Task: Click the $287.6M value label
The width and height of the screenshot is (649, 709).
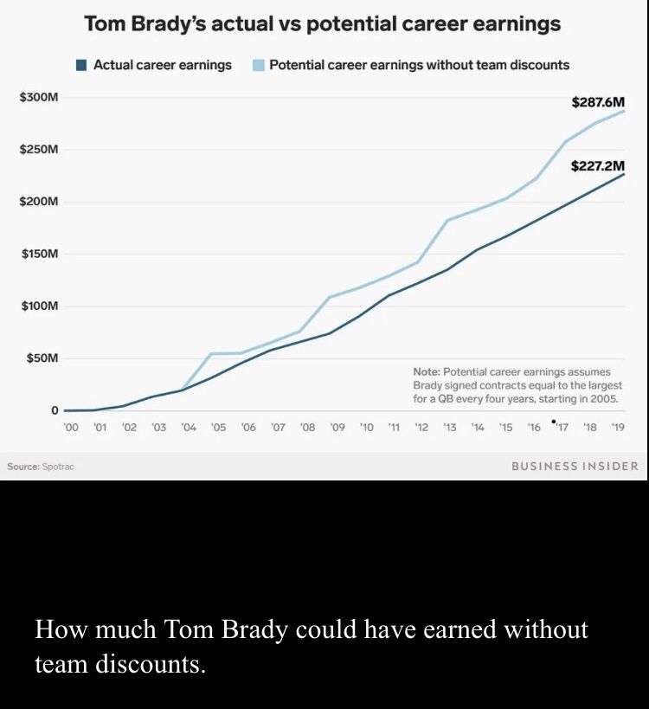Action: click(x=598, y=102)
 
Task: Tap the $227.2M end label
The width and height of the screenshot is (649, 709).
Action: click(x=598, y=164)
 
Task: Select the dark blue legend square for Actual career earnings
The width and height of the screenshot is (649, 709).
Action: click(x=81, y=65)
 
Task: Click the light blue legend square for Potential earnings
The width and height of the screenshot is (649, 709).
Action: click(x=258, y=65)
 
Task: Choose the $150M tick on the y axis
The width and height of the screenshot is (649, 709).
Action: click(x=39, y=254)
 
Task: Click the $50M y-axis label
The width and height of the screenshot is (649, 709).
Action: click(x=42, y=358)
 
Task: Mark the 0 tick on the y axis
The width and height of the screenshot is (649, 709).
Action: click(x=54, y=410)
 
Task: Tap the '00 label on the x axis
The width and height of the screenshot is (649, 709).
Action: click(x=71, y=428)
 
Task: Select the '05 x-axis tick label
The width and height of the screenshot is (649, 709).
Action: click(x=218, y=428)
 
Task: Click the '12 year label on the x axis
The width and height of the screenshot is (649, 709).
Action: click(x=421, y=428)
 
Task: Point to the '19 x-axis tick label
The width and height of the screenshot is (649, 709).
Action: click(x=618, y=428)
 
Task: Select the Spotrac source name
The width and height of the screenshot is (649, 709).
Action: click(x=58, y=467)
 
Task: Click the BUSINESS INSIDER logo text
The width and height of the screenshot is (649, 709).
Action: click(x=575, y=466)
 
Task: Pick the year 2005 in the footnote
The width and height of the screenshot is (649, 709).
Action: click(x=604, y=398)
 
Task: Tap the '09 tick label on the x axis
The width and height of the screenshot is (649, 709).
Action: click(x=337, y=428)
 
